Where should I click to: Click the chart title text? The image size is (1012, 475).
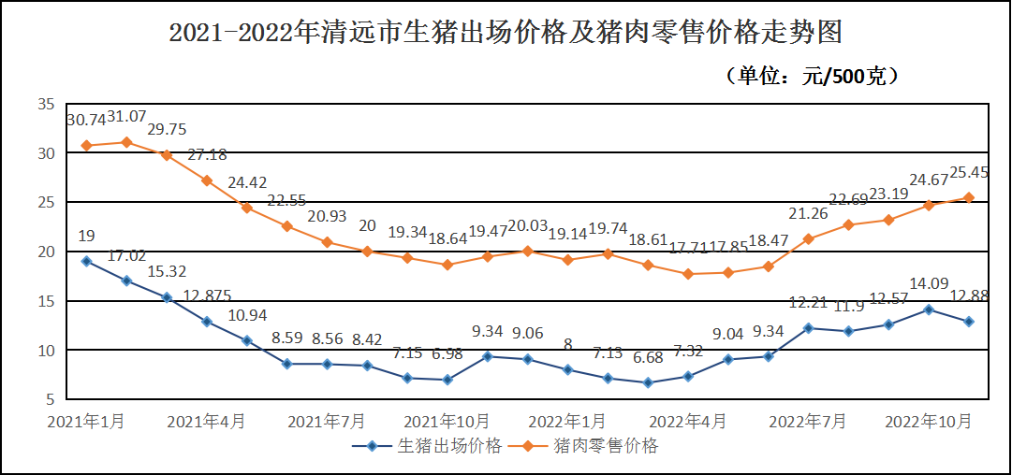click(x=506, y=34)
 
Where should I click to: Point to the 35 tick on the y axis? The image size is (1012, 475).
click(x=46, y=104)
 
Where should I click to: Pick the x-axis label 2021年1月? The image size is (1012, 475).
click(x=86, y=422)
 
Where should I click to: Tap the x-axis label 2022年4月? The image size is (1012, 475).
click(x=688, y=422)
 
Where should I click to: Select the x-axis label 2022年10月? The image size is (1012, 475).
click(x=929, y=422)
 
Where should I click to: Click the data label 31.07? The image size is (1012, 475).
click(x=126, y=117)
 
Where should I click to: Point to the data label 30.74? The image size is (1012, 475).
click(x=85, y=120)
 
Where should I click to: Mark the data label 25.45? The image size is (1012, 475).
click(x=970, y=172)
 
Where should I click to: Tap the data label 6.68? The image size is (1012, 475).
click(x=648, y=358)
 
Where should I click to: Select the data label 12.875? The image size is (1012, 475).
click(x=207, y=296)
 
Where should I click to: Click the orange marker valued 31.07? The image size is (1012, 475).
click(x=126, y=142)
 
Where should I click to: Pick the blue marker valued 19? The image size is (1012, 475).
click(x=86, y=261)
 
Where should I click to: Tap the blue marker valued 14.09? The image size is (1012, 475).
click(x=929, y=309)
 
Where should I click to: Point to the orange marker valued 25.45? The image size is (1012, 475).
click(x=969, y=197)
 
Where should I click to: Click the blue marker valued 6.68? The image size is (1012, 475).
click(x=648, y=382)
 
